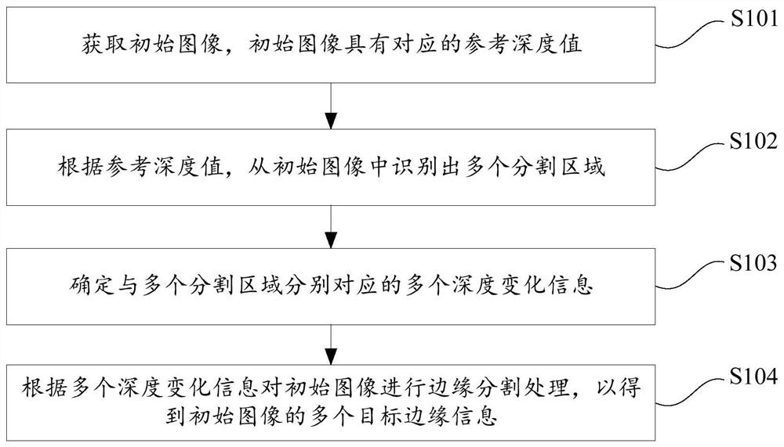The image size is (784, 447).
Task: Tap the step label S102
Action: click(x=754, y=142)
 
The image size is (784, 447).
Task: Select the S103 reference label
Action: click(x=754, y=263)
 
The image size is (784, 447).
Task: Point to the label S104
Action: click(x=754, y=377)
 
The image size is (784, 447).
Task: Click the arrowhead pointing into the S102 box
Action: click(x=331, y=121)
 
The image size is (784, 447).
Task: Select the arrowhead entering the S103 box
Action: click(x=331, y=240)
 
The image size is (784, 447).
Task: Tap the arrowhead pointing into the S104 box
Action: click(x=331, y=357)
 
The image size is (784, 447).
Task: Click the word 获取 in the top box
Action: click(x=106, y=44)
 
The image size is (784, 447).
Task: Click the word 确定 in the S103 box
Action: click(x=93, y=285)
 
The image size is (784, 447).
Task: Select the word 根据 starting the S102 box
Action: click(x=81, y=166)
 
